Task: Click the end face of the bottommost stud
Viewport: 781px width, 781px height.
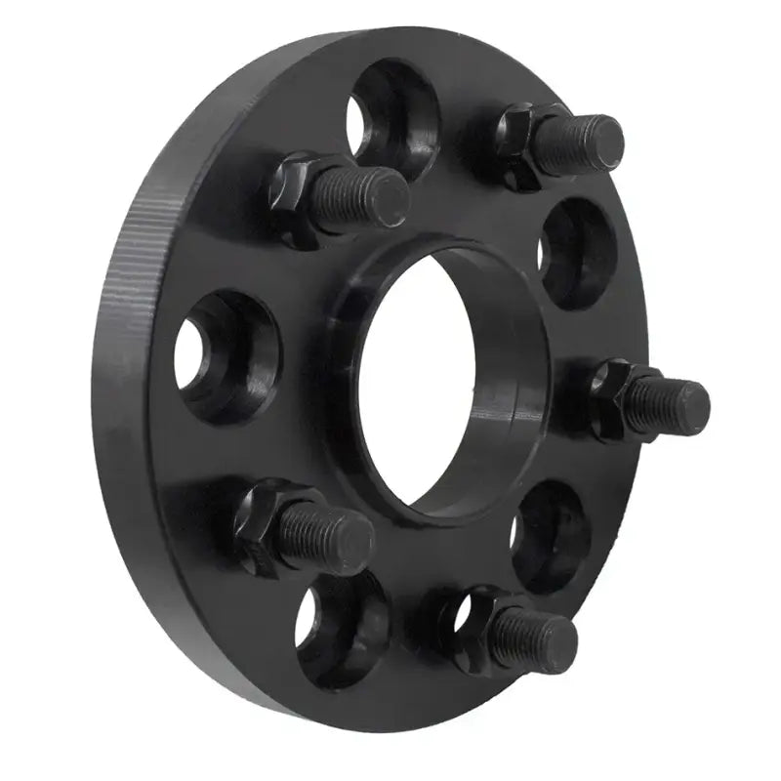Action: pos(557,644)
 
